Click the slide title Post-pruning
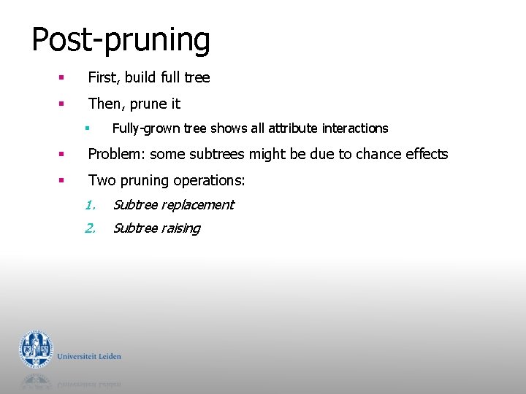121,40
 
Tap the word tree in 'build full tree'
197,77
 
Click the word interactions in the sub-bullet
355,128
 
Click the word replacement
197,205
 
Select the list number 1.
90,205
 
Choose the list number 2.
90,228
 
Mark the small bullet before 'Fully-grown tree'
86,128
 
